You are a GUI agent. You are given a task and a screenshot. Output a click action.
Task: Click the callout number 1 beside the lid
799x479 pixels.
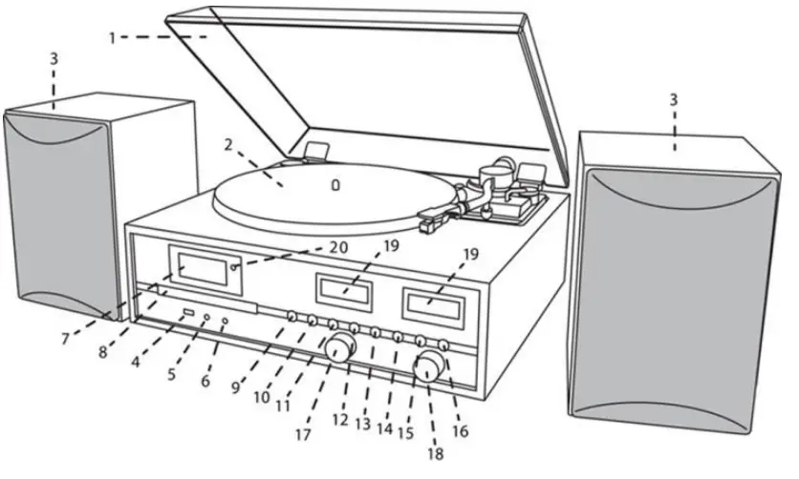point(112,37)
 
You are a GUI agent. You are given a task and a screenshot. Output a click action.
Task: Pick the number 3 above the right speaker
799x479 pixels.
point(674,99)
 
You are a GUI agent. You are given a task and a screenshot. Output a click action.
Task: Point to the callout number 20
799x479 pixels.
point(338,247)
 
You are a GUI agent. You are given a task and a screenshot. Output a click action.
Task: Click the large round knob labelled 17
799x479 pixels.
point(336,350)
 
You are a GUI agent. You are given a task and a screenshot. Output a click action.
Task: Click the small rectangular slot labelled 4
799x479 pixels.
point(188,313)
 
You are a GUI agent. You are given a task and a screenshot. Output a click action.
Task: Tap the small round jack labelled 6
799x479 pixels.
point(224,321)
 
